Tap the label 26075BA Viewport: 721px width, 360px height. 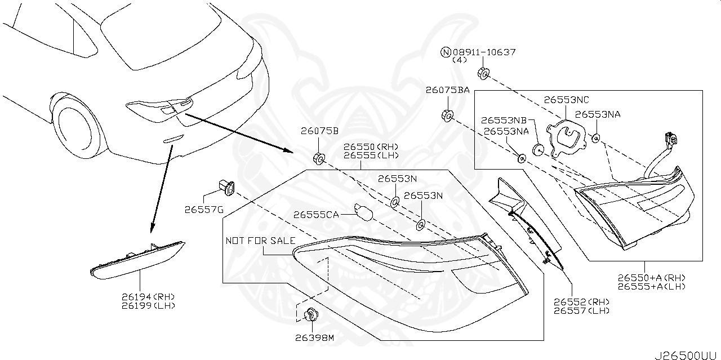tap(447, 90)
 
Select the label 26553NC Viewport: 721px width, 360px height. tap(566, 100)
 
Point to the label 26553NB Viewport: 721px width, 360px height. tap(504, 120)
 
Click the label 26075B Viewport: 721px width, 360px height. tap(319, 131)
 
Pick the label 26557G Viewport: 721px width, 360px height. tap(203, 210)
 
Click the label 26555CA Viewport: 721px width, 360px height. tap(316, 214)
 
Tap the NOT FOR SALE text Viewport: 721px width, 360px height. tap(260, 241)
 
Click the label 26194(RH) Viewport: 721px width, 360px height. tap(148, 296)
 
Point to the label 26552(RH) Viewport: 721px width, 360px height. tap(582, 301)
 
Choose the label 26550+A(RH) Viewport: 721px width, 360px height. tap(651, 277)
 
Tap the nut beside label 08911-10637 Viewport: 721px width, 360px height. tap(483, 73)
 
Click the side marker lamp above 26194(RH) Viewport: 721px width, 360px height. tap(137, 259)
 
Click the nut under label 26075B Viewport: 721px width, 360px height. tap(318, 158)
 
